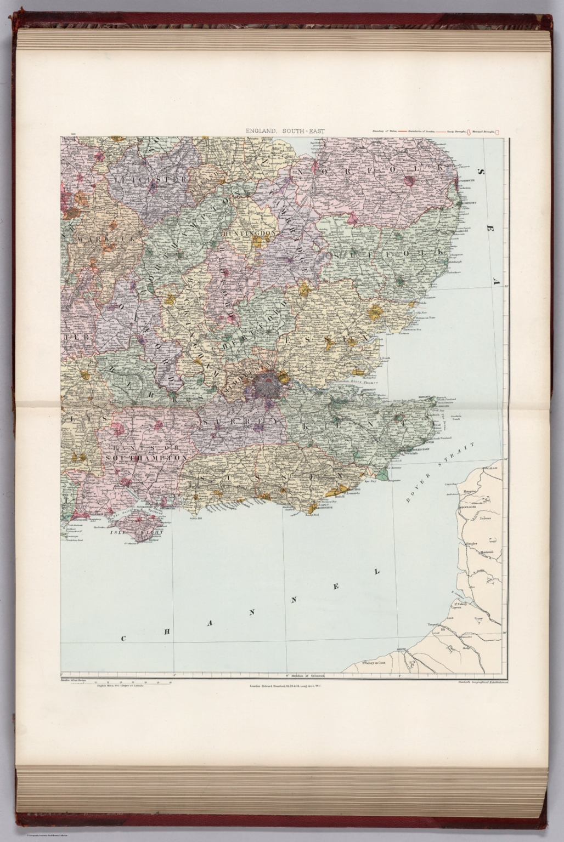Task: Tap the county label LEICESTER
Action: click(148, 179)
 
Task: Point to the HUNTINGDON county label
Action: click(249, 234)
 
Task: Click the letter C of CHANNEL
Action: click(124, 639)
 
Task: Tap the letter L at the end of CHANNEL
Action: click(377, 572)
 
